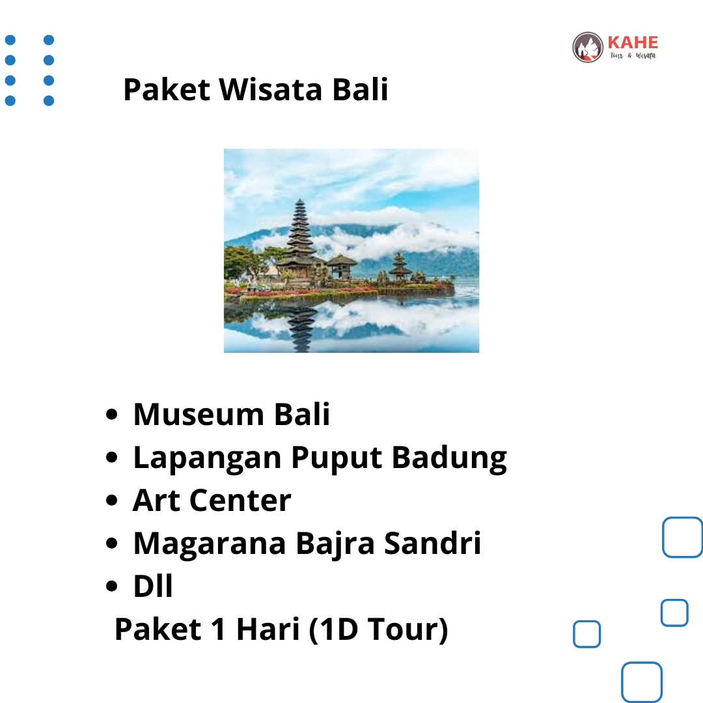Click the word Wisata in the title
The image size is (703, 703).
tap(270, 90)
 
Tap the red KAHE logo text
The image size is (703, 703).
tap(633, 42)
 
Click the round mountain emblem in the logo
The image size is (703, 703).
tap(588, 47)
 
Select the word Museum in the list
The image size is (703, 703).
tap(199, 414)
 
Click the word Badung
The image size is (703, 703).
tap(450, 458)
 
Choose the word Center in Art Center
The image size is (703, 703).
tap(240, 501)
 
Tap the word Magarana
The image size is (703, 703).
tap(210, 544)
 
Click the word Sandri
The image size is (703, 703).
tap(433, 543)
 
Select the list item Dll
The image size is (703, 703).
tap(153, 586)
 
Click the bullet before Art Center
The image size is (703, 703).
tap(112, 500)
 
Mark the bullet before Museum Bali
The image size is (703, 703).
tap(112, 414)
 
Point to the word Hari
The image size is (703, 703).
tap(268, 629)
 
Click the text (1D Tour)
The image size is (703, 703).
tap(378, 630)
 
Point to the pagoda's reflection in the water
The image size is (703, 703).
tap(301, 329)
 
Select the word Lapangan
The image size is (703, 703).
tap(208, 458)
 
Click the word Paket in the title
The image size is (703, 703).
tap(167, 90)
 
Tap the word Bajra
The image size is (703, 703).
tap(335, 544)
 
